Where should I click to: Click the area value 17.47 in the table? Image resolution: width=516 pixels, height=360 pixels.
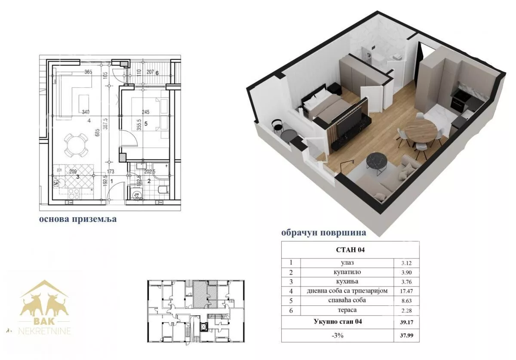click(x=406, y=291)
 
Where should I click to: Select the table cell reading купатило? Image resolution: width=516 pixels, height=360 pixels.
click(x=347, y=272)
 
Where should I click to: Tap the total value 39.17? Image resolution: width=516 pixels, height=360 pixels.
click(x=406, y=322)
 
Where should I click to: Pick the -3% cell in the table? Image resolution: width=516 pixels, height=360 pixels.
click(x=338, y=335)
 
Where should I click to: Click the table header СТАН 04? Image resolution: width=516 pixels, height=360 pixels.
click(x=350, y=250)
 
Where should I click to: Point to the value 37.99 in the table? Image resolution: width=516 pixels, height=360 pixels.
click(x=406, y=335)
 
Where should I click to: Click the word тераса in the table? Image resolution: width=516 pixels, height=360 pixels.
click(x=347, y=310)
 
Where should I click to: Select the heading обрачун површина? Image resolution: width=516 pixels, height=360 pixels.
click(x=324, y=233)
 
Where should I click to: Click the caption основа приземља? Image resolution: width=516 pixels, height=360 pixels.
click(x=78, y=219)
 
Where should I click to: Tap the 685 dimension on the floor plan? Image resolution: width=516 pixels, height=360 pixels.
click(x=98, y=132)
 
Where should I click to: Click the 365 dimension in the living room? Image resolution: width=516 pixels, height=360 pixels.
click(x=88, y=72)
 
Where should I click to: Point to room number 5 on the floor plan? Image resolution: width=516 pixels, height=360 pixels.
click(x=146, y=124)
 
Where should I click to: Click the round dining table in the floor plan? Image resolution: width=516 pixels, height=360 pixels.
click(x=76, y=145)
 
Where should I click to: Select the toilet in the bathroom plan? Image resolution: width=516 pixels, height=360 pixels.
click(x=163, y=189)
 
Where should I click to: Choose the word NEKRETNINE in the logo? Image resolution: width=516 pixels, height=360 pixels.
click(x=44, y=331)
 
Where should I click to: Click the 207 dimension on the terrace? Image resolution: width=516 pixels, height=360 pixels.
click(x=150, y=72)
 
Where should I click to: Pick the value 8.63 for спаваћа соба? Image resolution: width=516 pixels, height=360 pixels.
click(x=406, y=301)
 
